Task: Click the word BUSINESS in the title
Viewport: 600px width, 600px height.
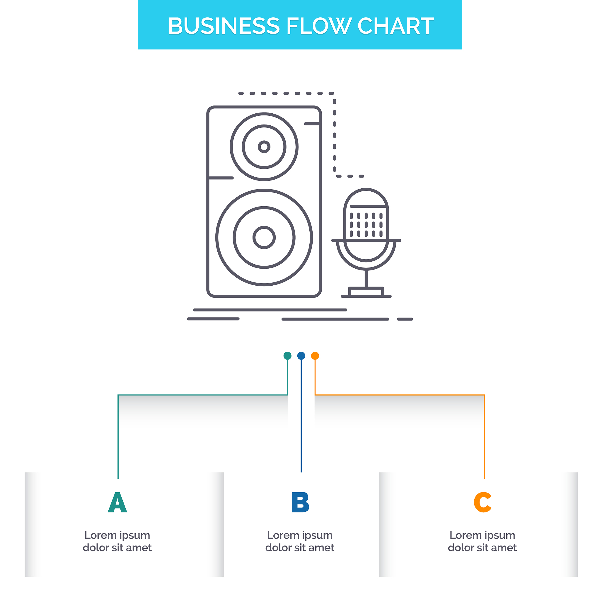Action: (x=224, y=26)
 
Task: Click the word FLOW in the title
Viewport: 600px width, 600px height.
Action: (x=318, y=26)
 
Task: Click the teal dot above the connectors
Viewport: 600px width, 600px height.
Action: (x=288, y=356)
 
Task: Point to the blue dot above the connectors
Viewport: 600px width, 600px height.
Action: (x=301, y=356)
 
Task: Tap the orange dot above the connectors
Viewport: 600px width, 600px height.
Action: (x=315, y=356)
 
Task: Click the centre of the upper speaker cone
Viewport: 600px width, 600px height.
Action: (x=264, y=146)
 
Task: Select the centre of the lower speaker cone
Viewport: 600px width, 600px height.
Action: (x=264, y=238)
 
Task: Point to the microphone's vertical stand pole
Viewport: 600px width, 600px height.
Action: (x=366, y=278)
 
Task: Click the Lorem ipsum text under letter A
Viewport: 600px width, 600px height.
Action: (x=117, y=541)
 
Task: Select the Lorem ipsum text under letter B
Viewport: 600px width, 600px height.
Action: (x=300, y=541)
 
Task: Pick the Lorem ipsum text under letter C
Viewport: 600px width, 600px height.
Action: (x=482, y=541)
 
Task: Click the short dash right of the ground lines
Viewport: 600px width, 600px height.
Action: (x=405, y=319)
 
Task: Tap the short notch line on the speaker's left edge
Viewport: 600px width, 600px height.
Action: (x=221, y=178)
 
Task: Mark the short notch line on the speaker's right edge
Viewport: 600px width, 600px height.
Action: (x=312, y=124)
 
